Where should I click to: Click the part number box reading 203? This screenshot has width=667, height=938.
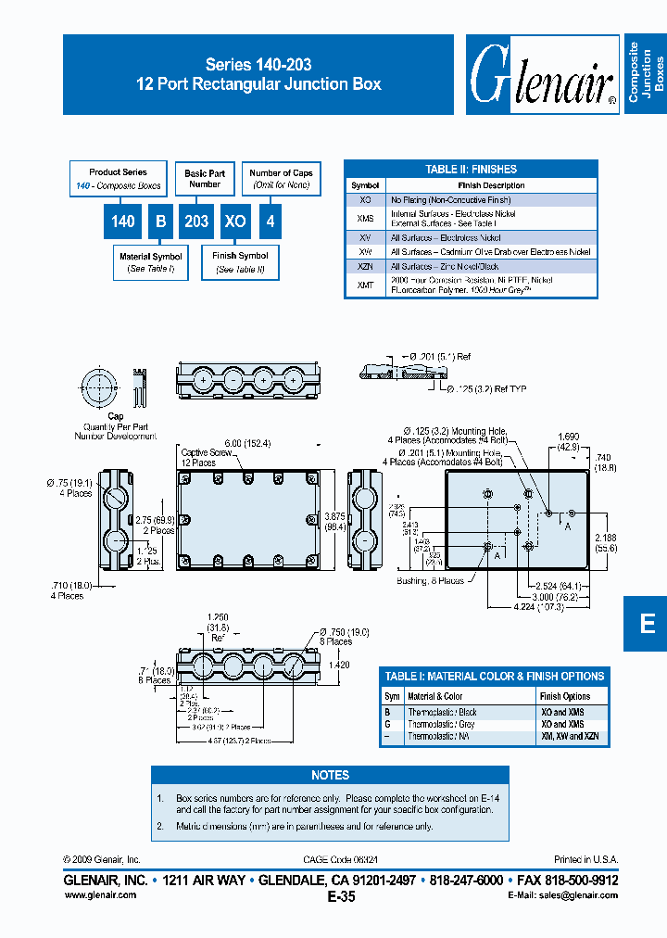195,222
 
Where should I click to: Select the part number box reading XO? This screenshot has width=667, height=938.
235,222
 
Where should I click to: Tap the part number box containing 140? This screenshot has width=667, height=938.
122,222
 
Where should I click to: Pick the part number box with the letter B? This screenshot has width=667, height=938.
159,222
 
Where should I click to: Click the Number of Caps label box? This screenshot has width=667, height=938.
281,178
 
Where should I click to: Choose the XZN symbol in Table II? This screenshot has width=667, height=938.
365,266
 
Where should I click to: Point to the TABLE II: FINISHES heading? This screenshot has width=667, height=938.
471,169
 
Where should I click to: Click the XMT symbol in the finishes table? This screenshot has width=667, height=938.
365,285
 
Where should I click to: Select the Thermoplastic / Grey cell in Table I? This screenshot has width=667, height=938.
442,724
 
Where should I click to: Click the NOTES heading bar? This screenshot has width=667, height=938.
330,775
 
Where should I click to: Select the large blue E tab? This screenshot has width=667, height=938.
647,623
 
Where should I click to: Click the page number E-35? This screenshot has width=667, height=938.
340,896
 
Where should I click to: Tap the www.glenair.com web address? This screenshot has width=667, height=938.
100,894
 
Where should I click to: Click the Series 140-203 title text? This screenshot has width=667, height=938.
258,65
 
